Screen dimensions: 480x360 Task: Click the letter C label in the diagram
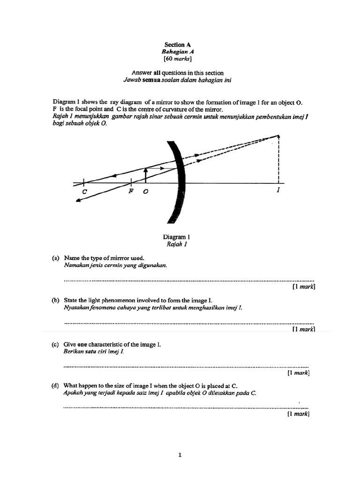coord(84,192)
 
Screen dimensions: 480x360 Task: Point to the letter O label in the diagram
coord(145,193)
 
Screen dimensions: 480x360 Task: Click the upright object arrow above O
coord(146,175)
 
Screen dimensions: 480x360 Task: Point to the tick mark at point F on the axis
coord(131,182)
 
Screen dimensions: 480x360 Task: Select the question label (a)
coord(56,258)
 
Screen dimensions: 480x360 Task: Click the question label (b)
coord(56,300)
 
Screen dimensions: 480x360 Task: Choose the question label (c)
coord(56,344)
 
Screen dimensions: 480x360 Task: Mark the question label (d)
coord(56,385)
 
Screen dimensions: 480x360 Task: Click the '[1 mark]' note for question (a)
coord(303,287)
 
